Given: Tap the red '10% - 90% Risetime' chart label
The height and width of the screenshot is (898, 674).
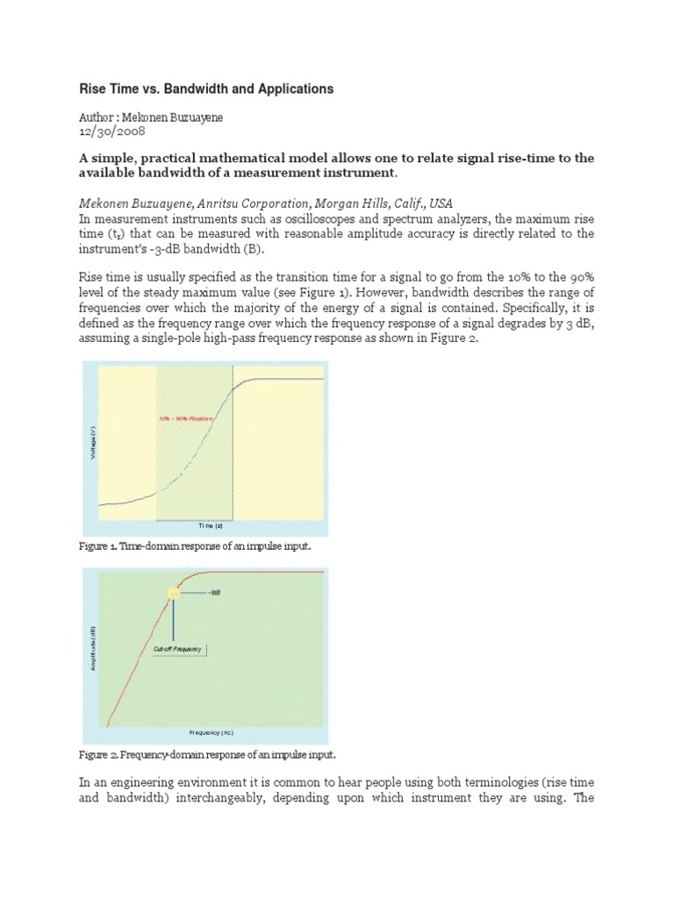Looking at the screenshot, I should [187, 419].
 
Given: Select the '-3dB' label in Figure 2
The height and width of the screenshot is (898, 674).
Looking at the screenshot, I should [214, 593].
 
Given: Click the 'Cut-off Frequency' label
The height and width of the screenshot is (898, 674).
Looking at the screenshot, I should [178, 649].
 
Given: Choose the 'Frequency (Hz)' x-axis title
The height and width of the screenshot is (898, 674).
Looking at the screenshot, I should [211, 731].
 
